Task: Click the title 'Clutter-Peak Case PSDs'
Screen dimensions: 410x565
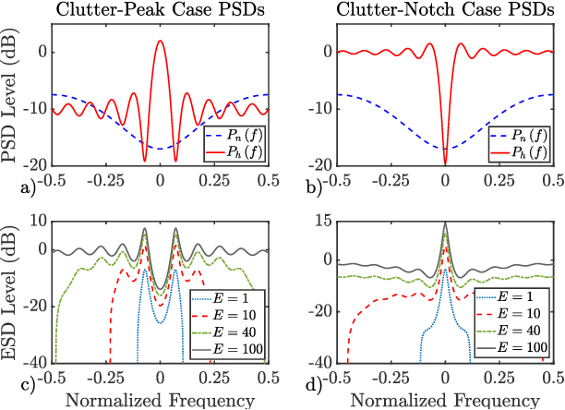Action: [x=160, y=10]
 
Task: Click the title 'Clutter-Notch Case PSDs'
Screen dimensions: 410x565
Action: [x=445, y=10]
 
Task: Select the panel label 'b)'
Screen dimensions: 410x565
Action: [x=326, y=189]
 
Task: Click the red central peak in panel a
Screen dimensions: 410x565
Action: [x=161, y=43]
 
